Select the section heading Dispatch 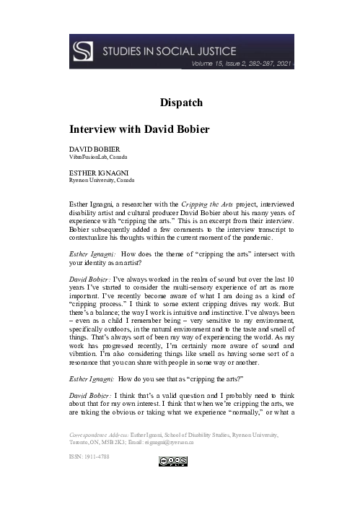(x=180, y=103)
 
